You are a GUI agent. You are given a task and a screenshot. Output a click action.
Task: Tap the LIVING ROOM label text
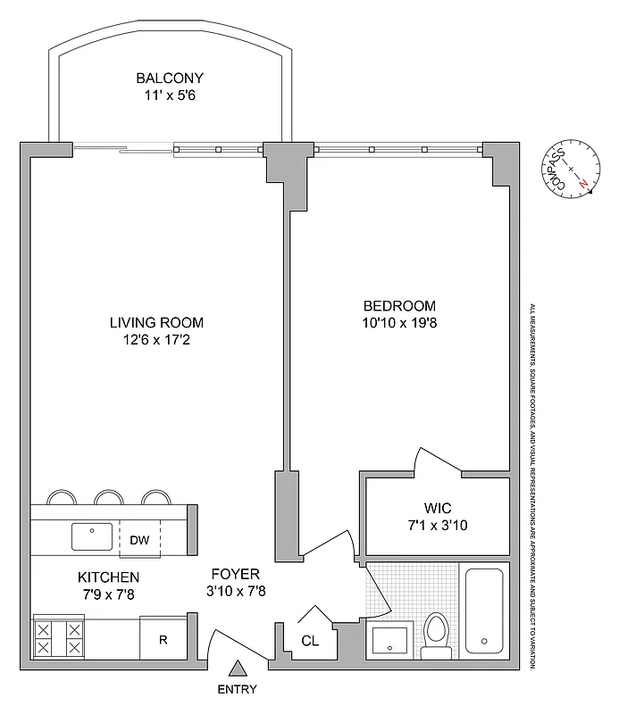point(156,322)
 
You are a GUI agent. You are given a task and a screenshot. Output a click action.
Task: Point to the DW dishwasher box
point(138,538)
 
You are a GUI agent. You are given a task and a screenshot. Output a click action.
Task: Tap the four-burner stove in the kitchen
point(58,637)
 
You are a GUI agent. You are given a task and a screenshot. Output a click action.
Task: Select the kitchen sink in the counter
point(92,537)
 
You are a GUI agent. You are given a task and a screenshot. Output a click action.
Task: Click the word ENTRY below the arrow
point(237,689)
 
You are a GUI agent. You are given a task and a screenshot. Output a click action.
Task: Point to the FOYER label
point(235,573)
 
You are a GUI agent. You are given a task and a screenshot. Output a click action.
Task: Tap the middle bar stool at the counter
point(108,496)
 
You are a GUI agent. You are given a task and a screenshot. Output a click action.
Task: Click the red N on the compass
point(583,182)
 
